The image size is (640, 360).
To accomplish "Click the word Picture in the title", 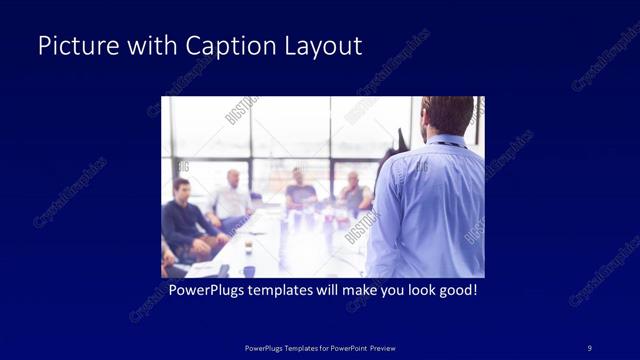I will click(73, 47).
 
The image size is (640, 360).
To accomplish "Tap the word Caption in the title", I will click(222, 47).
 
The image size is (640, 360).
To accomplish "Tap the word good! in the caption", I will click(457, 291).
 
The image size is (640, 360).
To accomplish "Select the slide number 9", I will click(589, 347).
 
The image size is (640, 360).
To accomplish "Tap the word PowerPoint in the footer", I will click(341, 347).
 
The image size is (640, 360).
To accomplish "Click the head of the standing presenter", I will click(447, 115).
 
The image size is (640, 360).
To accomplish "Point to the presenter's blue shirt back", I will click(430, 210).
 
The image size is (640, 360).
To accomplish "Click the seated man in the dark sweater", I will click(184, 220).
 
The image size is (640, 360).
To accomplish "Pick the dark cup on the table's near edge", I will click(248, 270).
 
